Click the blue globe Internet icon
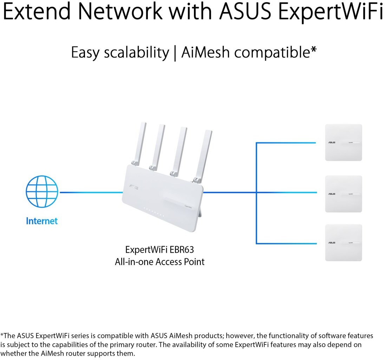click(x=41, y=192)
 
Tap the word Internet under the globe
click(x=41, y=221)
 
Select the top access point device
click(x=343, y=142)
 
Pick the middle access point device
click(x=343, y=194)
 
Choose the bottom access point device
click(x=343, y=243)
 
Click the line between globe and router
click(x=91, y=192)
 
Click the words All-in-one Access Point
click(x=159, y=262)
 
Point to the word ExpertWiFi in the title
click(x=330, y=11)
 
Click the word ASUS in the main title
click(x=246, y=11)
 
